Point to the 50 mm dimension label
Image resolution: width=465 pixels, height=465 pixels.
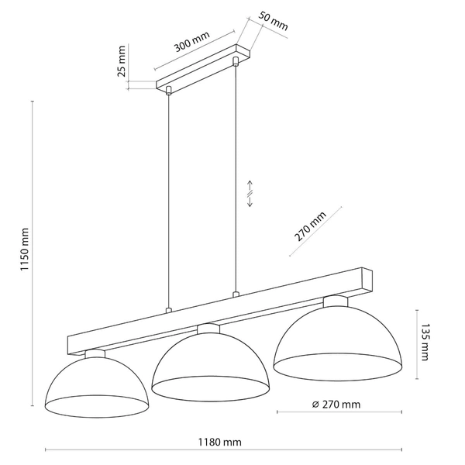(273, 21)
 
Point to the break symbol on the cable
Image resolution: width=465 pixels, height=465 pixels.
(250, 193)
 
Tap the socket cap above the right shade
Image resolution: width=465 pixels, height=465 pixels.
(336, 299)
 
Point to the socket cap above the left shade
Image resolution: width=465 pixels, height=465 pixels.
(95, 353)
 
